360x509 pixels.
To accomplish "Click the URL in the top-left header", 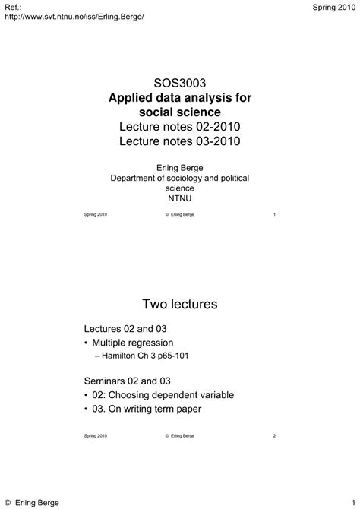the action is click(x=74, y=17).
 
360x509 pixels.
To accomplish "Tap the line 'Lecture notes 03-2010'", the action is click(x=180, y=141).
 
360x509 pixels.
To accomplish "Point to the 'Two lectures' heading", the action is click(x=180, y=305).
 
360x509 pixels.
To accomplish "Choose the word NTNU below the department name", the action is click(x=180, y=198).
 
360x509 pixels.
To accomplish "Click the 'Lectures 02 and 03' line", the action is click(x=125, y=328).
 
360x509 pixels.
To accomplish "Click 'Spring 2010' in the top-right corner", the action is click(x=333, y=6).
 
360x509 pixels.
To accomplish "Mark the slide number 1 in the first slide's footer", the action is click(x=273, y=215).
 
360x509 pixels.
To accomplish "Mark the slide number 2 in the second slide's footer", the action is click(x=273, y=435).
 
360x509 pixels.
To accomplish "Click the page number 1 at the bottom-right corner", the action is click(x=354, y=502).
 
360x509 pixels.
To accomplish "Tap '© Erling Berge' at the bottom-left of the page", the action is click(x=31, y=502).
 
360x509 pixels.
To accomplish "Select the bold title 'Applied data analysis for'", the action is click(x=180, y=98).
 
